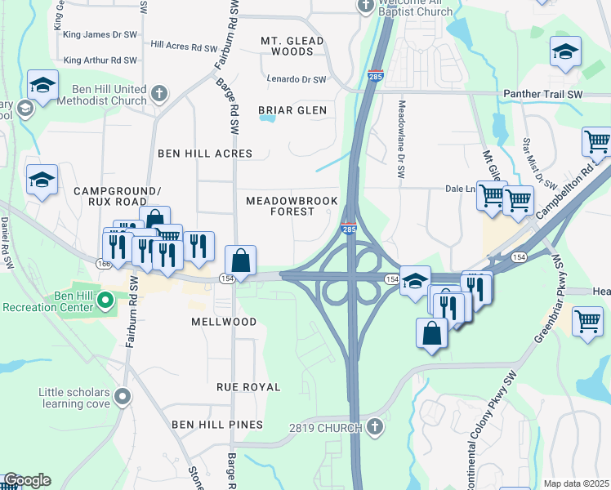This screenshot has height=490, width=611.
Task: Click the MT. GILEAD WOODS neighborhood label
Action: coord(292,46)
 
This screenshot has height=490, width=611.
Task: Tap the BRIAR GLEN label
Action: coord(292,110)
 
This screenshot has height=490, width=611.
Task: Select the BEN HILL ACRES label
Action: coord(205,154)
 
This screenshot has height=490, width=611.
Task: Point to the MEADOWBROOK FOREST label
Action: coord(280,206)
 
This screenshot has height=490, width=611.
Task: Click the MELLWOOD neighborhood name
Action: coord(224,323)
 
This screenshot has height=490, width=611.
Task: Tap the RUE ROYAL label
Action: coord(248,387)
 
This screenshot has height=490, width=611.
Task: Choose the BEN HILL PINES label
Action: coord(217,425)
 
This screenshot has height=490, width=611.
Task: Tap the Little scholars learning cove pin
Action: coord(123,398)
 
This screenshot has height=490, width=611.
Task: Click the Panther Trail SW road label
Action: coord(542,95)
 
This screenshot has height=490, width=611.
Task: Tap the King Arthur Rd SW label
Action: coord(100,60)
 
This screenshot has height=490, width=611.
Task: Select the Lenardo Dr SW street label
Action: coord(297,79)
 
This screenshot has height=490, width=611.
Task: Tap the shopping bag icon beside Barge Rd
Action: coord(241,261)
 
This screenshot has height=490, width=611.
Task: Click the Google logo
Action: coord(27,480)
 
